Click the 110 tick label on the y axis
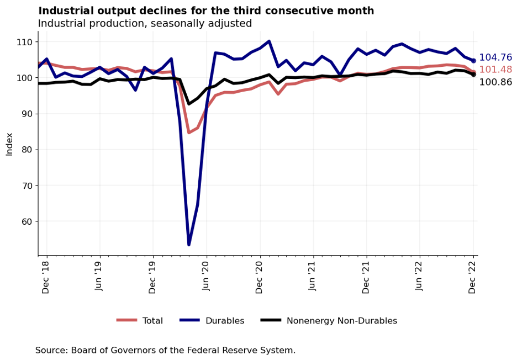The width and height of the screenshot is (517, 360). pyautogui.click(x=24, y=42)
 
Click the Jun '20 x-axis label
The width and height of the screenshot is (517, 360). pyautogui.click(x=207, y=277)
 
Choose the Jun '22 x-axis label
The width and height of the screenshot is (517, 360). pyautogui.click(x=420, y=277)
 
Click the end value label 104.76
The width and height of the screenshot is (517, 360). pyautogui.click(x=495, y=57)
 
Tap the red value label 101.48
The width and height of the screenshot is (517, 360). pyautogui.click(x=495, y=70)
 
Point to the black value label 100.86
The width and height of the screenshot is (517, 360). pyautogui.click(x=495, y=82)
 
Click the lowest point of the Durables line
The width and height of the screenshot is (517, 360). pyautogui.click(x=189, y=244)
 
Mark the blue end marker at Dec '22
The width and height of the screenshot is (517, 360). pyautogui.click(x=473, y=61)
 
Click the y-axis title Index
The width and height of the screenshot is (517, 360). pyautogui.click(x=9, y=144)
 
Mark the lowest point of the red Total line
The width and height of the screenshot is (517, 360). pyautogui.click(x=189, y=133)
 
